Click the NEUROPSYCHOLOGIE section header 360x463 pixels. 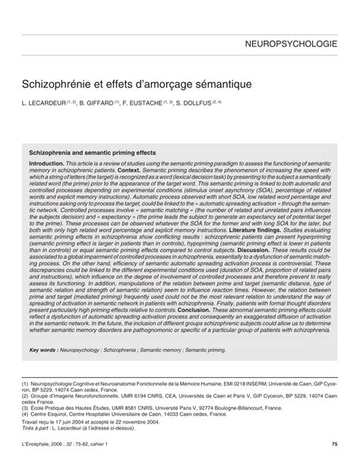click(x=292, y=45)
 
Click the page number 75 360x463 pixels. click(x=334, y=444)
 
